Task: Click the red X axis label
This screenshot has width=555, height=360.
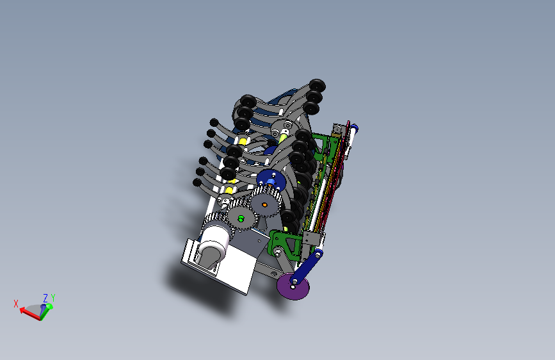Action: click(16, 304)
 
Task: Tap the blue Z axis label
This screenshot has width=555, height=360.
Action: click(45, 298)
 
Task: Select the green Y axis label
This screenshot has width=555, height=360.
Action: click(52, 297)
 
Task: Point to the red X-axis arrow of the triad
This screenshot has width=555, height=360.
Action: click(29, 314)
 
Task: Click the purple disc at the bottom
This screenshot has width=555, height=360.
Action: click(293, 286)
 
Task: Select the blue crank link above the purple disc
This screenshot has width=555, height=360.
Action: click(306, 266)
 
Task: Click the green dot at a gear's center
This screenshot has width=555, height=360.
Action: click(241, 219)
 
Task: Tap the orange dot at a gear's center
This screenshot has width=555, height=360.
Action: click(264, 205)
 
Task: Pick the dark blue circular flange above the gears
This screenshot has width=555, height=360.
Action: click(271, 181)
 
